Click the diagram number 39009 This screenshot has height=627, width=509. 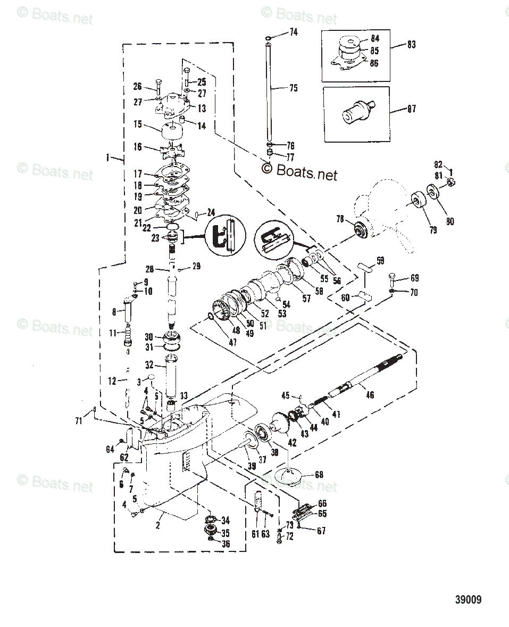[x=468, y=599]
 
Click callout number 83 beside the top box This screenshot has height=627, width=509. [x=411, y=45]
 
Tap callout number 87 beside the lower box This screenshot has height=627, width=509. [x=411, y=109]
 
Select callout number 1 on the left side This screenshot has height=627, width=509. [x=107, y=158]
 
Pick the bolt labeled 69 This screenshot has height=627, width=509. [x=393, y=277]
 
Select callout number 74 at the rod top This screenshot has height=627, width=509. [x=294, y=32]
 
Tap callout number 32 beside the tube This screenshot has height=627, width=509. [x=149, y=366]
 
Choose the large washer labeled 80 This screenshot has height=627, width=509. [x=432, y=193]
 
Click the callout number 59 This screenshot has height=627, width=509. [x=380, y=261]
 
